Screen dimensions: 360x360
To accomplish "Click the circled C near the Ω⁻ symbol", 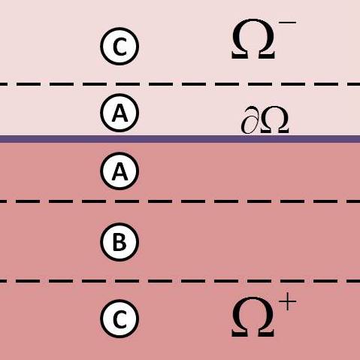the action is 119,47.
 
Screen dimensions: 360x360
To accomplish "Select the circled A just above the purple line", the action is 119,113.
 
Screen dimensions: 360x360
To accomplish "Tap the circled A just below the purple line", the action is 119,171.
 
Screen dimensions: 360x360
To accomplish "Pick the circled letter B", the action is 119,242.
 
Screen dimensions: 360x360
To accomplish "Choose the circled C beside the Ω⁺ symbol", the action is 119,319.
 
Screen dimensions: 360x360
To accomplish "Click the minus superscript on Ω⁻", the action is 287,23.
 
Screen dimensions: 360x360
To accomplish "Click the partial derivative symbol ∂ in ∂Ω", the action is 250,120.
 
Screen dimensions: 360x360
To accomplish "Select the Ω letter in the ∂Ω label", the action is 274,120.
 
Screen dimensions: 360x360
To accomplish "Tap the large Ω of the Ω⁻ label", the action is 253,39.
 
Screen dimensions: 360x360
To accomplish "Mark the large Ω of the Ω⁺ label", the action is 253,317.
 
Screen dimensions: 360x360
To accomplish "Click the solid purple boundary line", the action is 180,139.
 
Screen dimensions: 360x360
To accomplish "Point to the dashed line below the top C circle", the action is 180,84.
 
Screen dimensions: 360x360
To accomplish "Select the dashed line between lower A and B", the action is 180,201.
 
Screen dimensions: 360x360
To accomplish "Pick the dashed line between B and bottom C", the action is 180,281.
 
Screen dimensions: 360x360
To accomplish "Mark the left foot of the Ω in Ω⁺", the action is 238,333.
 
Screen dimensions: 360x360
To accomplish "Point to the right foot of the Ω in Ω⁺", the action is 267,333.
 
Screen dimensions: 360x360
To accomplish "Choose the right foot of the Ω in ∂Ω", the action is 284,130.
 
